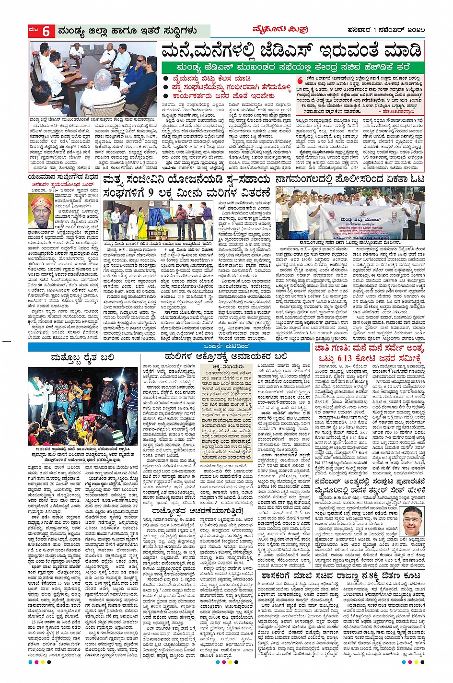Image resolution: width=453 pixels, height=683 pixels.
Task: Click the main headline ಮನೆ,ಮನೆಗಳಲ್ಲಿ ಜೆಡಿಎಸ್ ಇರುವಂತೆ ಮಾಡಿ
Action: [x=292, y=50]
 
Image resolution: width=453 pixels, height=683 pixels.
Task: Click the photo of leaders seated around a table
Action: [x=93, y=79]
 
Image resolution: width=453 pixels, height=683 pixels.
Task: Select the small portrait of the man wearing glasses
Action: [x=412, y=520]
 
